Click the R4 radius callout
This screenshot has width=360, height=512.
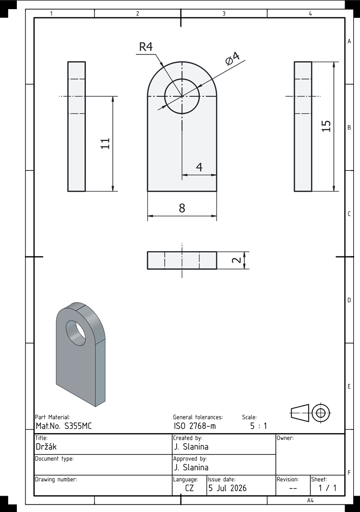(146, 47)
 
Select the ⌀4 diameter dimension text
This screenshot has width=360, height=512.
(232, 58)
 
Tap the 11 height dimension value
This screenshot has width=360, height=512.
(105, 144)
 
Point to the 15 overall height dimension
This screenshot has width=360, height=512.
(326, 126)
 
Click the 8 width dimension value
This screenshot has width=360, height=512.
(182, 208)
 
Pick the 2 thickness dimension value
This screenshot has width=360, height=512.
(236, 260)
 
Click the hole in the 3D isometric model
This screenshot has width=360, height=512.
(76, 333)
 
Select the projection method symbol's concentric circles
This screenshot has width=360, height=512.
(321, 413)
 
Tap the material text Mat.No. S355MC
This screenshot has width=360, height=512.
(64, 426)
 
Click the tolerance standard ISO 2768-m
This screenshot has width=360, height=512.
(195, 426)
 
